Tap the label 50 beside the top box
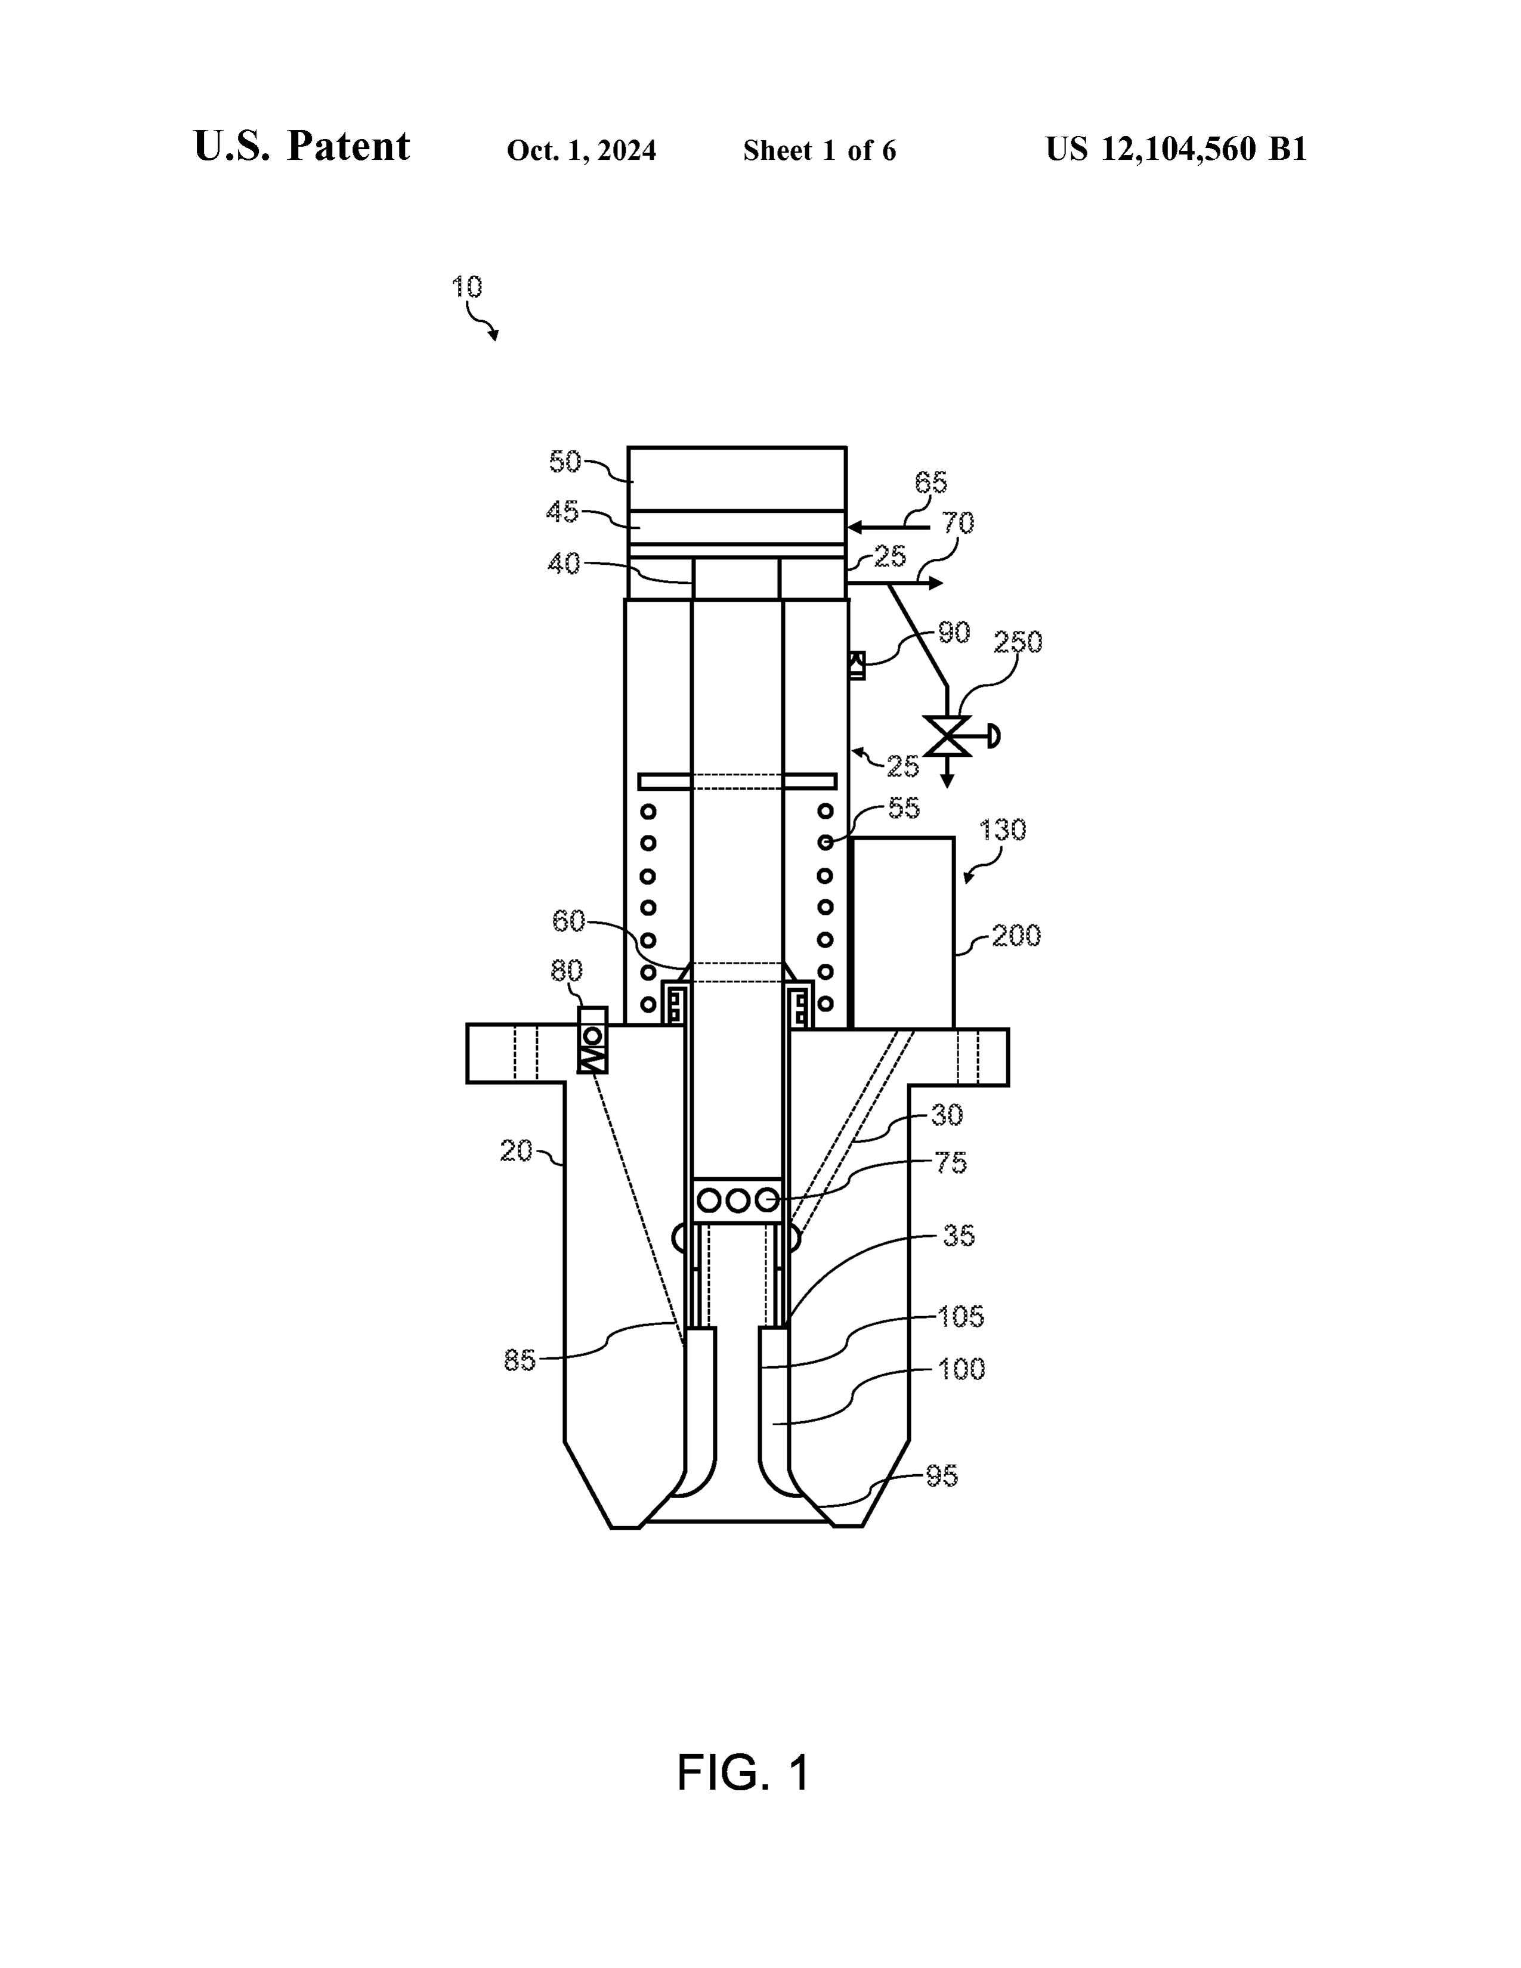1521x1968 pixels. [565, 462]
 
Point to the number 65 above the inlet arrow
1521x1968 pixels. [931, 483]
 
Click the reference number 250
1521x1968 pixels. [1018, 642]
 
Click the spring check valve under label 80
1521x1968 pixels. [593, 1040]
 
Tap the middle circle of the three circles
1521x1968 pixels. [738, 1200]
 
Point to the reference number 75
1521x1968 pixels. [951, 1164]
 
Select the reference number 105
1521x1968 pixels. [960, 1317]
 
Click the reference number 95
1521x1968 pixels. [942, 1476]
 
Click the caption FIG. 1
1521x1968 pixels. [743, 1772]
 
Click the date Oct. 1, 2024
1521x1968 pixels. [581, 150]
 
